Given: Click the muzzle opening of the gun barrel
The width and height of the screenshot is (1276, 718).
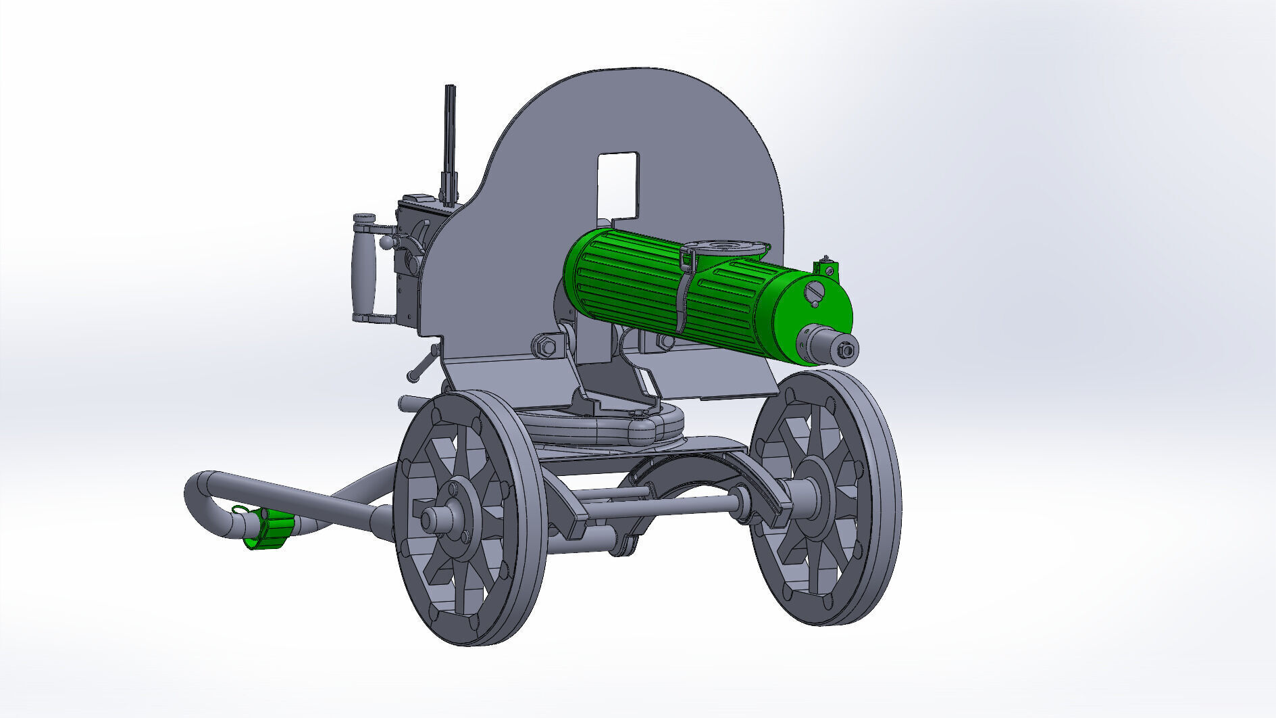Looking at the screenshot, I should pyautogui.click(x=844, y=350).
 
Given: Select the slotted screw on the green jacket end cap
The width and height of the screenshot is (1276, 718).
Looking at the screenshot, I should pyautogui.click(x=815, y=293).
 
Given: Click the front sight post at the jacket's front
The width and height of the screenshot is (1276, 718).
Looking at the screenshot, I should pyautogui.click(x=826, y=266).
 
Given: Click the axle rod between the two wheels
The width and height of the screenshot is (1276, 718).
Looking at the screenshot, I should pyautogui.click(x=662, y=506).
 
